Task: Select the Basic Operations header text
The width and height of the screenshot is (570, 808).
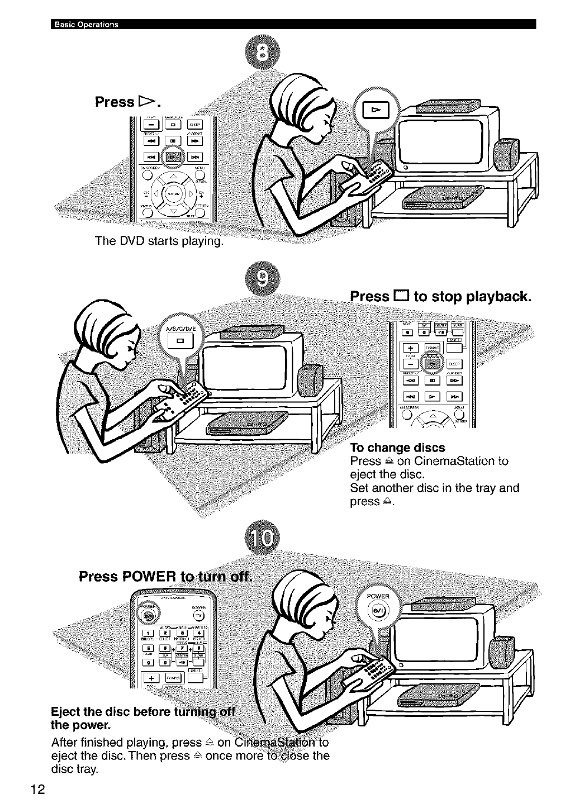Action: point(85,24)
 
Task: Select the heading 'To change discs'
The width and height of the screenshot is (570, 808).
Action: point(397,448)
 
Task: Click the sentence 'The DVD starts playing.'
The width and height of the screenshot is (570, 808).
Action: point(159,241)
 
